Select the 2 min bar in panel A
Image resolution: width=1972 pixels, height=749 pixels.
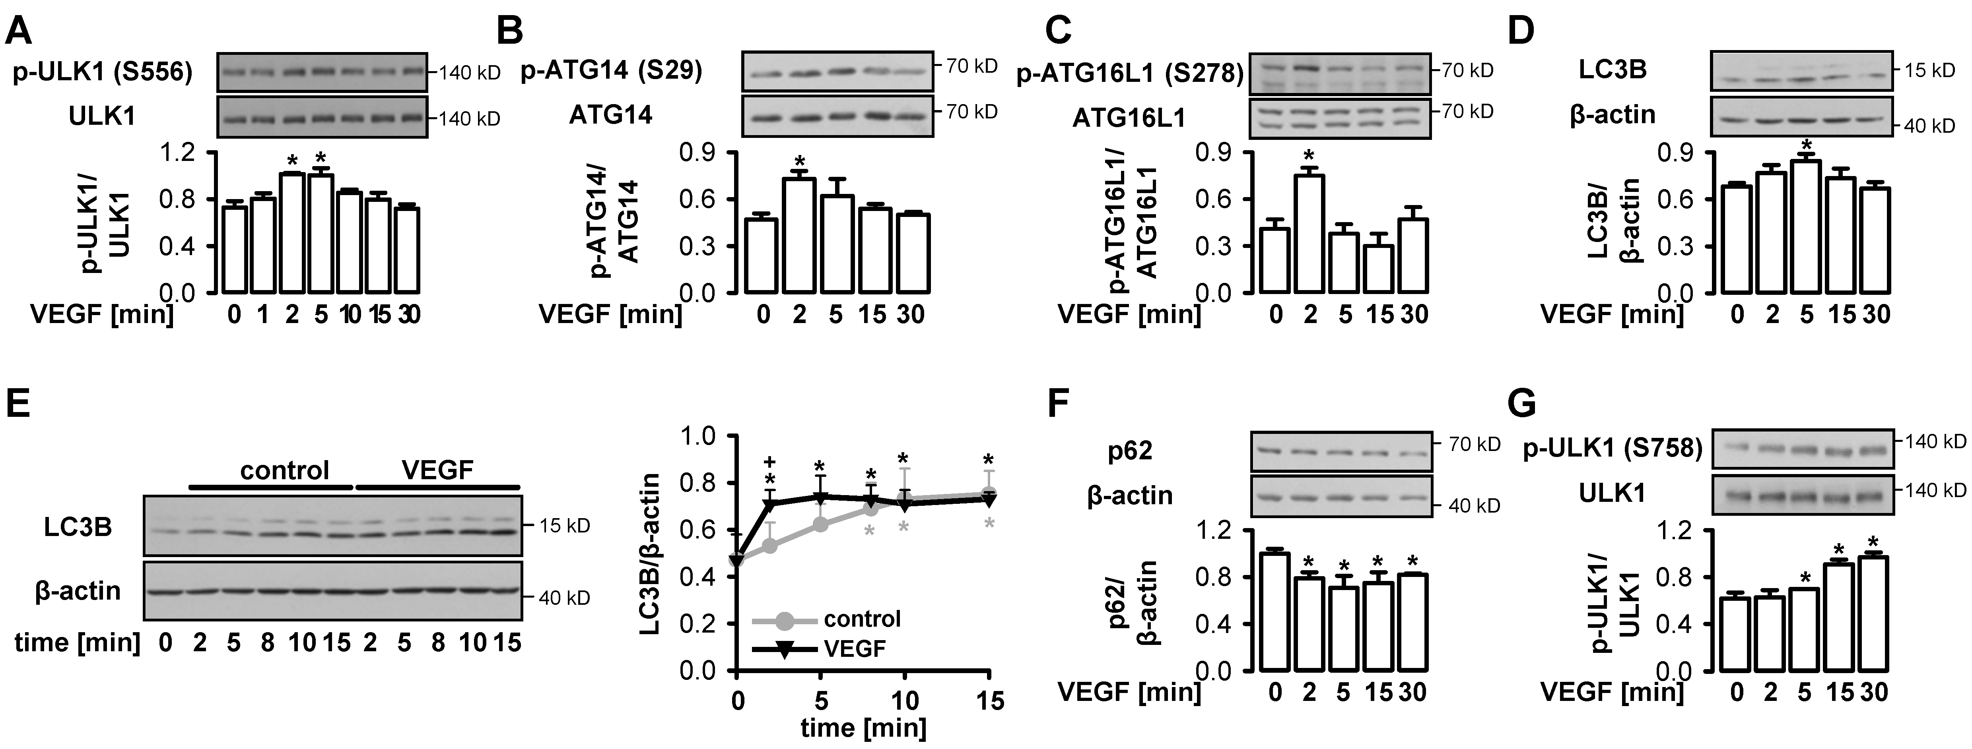point(291,233)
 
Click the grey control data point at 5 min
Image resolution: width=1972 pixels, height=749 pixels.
point(820,524)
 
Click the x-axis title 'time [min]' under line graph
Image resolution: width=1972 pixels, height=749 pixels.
point(863,728)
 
